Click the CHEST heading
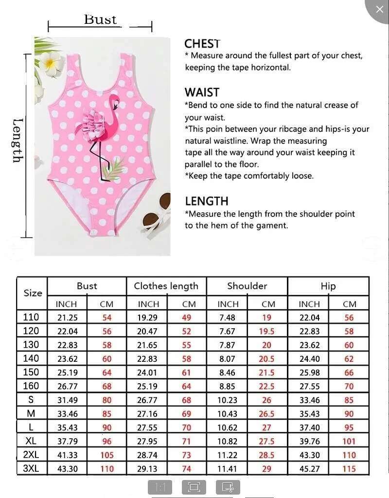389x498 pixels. (202, 44)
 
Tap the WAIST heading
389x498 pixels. (202, 92)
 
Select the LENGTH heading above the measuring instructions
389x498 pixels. (206, 201)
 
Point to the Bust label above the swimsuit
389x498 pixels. (100, 19)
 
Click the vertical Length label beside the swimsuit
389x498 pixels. (18, 141)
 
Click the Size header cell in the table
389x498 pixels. (33, 293)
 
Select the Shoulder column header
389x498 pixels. (247, 286)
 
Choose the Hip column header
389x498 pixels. (328, 286)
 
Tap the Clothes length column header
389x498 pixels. (166, 286)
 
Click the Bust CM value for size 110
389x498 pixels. (106, 318)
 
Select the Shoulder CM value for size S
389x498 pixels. (267, 400)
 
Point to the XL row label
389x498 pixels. (31, 441)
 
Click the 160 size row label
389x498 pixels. (31, 386)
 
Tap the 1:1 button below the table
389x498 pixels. (160, 487)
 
